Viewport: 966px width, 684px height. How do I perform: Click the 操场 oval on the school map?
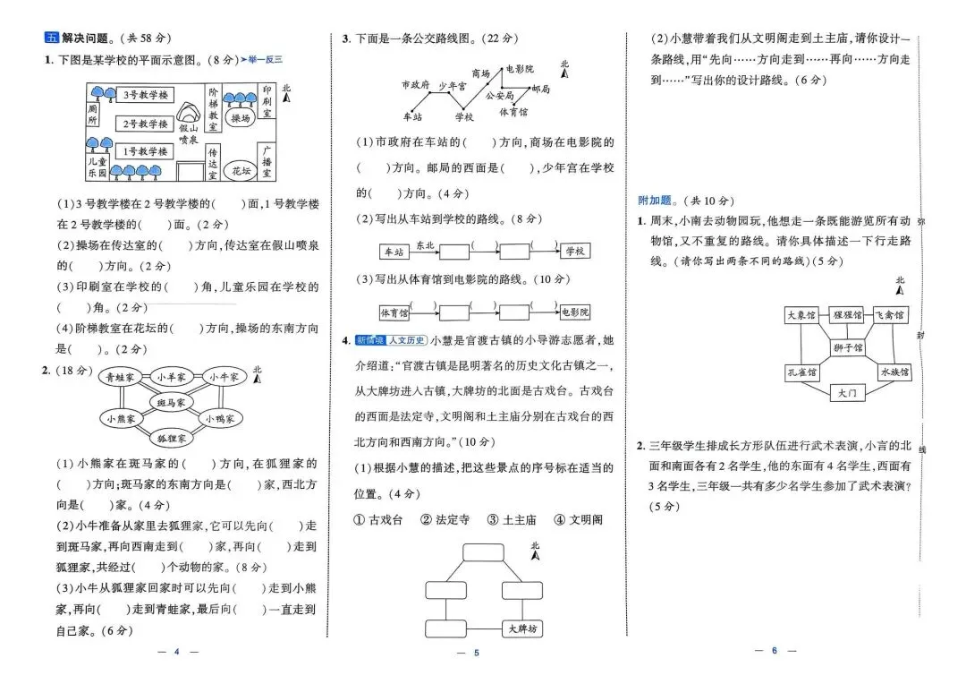click(241, 118)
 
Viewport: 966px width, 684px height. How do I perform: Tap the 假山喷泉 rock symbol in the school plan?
click(188, 113)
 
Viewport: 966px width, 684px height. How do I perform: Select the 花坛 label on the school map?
click(241, 170)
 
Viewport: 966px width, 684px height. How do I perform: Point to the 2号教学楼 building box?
click(145, 124)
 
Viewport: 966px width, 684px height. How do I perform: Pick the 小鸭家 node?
click(219, 418)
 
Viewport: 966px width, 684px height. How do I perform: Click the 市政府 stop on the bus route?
click(415, 85)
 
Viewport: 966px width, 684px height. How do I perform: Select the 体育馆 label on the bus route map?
click(513, 112)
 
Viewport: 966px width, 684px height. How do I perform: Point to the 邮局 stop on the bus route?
click(540, 90)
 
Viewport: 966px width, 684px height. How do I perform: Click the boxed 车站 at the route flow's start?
click(392, 252)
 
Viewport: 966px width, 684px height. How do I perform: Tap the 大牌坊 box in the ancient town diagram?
click(522, 628)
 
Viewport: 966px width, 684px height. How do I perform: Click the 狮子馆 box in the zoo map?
click(847, 347)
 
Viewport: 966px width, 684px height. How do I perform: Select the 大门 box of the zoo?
click(847, 392)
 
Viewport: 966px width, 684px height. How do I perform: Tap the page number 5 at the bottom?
click(477, 653)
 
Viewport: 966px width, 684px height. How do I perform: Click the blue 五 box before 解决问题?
click(51, 38)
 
